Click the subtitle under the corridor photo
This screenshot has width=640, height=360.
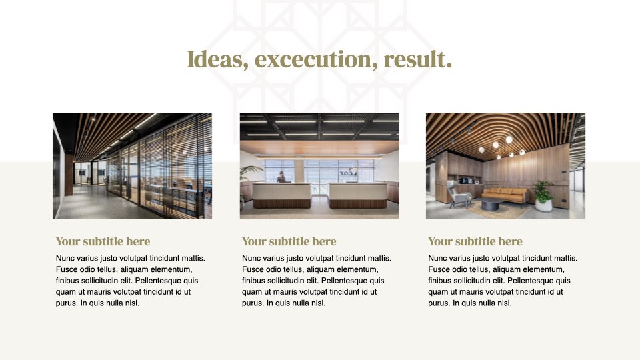tap(103, 241)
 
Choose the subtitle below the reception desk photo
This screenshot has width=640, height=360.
tap(289, 241)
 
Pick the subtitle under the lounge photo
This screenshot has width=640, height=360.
tap(475, 241)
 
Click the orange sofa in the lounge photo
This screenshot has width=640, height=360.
tap(505, 195)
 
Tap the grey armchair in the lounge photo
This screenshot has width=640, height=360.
tap(459, 194)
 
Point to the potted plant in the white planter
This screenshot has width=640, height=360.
tap(544, 196)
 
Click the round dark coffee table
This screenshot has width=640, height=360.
tap(490, 205)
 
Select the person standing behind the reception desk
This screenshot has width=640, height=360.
tap(281, 177)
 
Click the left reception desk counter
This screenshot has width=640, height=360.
tap(281, 195)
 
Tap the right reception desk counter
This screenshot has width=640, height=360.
tap(357, 195)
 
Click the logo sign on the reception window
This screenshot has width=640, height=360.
tap(348, 172)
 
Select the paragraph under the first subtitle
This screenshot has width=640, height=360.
tap(131, 281)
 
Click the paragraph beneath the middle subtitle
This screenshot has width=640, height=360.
tap(317, 281)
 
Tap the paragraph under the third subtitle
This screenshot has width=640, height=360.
tap(503, 281)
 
